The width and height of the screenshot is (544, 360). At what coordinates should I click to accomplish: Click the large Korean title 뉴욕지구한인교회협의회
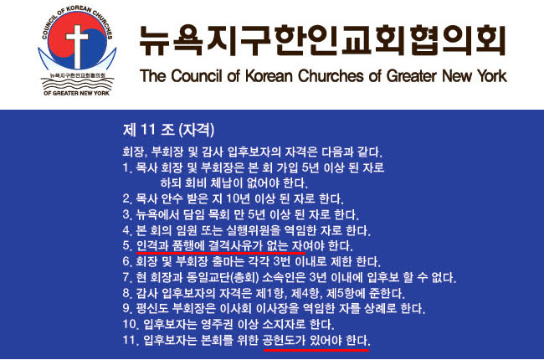click(322, 40)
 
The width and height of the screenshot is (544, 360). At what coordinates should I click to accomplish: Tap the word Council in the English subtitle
click(197, 75)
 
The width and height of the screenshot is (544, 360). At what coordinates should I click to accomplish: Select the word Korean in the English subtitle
click(269, 75)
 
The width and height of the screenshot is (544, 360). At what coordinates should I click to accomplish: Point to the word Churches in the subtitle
click(331, 75)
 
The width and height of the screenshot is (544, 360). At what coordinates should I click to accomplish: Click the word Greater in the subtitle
click(411, 75)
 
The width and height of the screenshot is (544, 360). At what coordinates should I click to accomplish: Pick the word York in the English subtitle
click(491, 75)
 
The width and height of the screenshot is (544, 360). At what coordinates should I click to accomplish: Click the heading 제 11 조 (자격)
click(168, 130)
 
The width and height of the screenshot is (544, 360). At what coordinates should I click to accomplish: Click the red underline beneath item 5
click(221, 253)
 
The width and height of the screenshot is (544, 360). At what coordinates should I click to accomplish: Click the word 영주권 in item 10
click(217, 324)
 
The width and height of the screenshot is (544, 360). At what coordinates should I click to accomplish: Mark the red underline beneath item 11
click(316, 350)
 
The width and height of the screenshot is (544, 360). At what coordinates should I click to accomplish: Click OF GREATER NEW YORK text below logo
click(77, 93)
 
